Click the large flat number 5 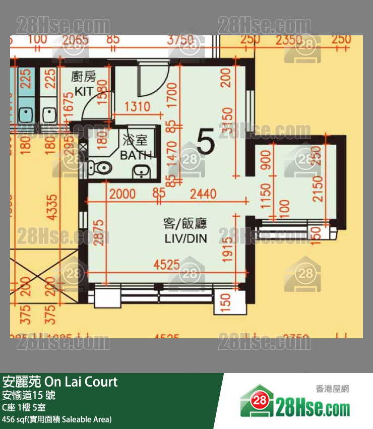click(206, 142)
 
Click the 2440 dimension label click(203, 193)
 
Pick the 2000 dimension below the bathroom click(122, 193)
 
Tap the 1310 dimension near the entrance click(137, 106)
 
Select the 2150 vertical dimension click(317, 189)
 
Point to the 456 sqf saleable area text click(56, 419)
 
